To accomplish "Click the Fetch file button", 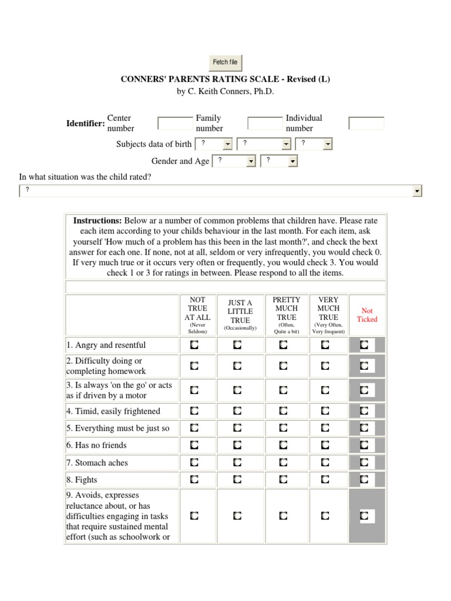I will (x=225, y=62).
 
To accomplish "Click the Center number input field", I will (x=175, y=123).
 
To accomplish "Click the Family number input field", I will (x=265, y=123).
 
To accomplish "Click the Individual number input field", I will (x=366, y=123).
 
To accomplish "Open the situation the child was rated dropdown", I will (x=221, y=191).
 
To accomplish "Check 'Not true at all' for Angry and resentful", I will (x=194, y=345).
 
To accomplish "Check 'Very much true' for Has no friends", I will (x=325, y=445).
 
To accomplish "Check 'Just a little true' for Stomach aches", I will (x=237, y=463).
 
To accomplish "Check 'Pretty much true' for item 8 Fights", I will (x=283, y=480).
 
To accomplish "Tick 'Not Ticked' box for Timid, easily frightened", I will (x=364, y=411).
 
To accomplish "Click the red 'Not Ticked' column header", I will (x=367, y=315).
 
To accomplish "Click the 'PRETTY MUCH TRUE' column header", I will (x=287, y=308).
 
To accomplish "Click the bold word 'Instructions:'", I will (x=97, y=221).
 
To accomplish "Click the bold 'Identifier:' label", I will (x=86, y=123).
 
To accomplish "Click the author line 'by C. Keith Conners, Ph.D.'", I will (x=225, y=92).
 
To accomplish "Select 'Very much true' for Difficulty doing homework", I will (x=325, y=366).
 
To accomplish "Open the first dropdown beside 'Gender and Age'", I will (x=233, y=161).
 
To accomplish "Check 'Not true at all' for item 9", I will (x=194, y=516).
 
